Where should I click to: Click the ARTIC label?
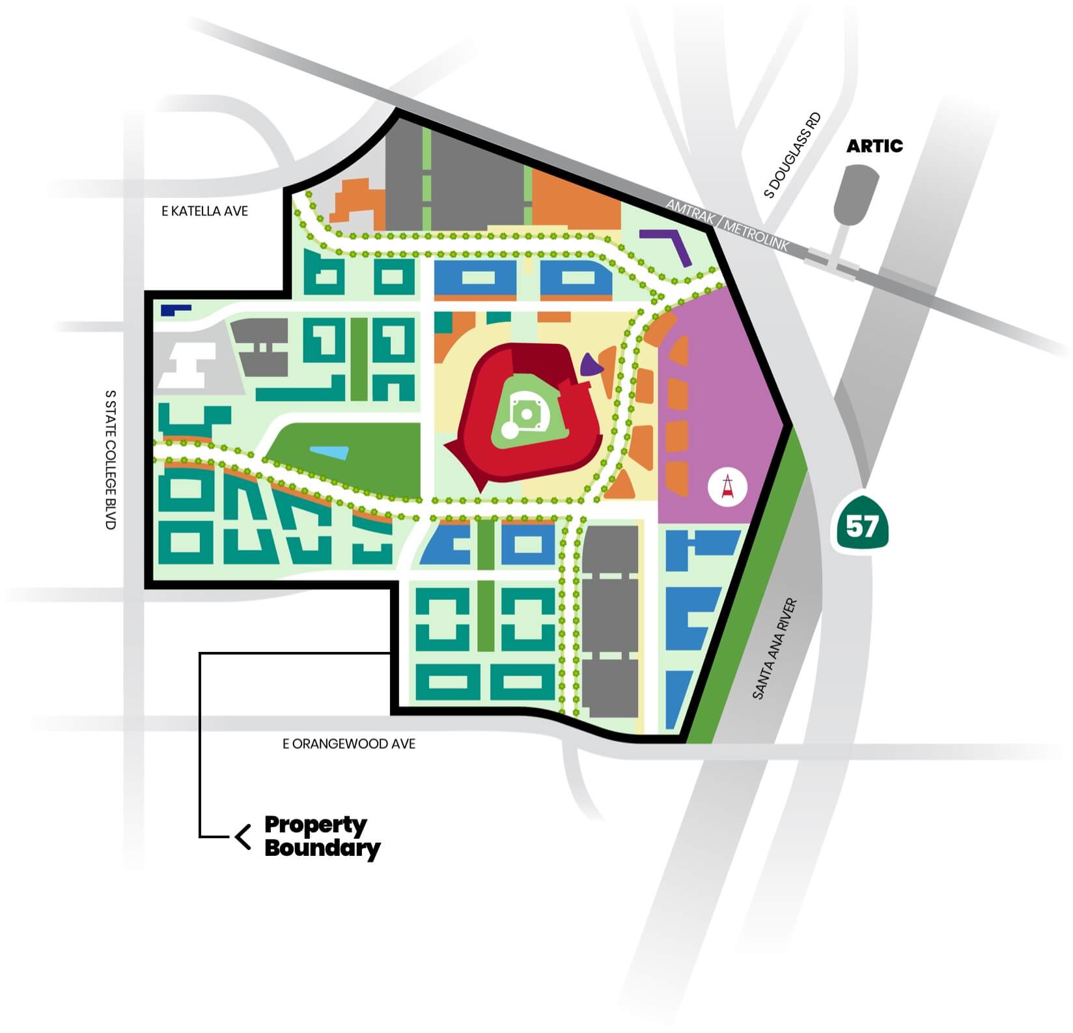point(874,146)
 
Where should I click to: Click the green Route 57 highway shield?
point(863,524)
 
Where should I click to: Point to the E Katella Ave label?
point(204,211)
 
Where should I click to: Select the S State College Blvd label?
point(110,459)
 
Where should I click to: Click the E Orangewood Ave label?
point(348,743)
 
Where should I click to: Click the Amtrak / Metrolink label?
point(727,225)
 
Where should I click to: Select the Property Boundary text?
point(322,836)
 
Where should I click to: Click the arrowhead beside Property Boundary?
point(243,836)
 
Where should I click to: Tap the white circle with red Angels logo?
point(726,487)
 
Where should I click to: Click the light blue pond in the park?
point(328,452)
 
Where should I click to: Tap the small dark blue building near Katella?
point(176,309)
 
